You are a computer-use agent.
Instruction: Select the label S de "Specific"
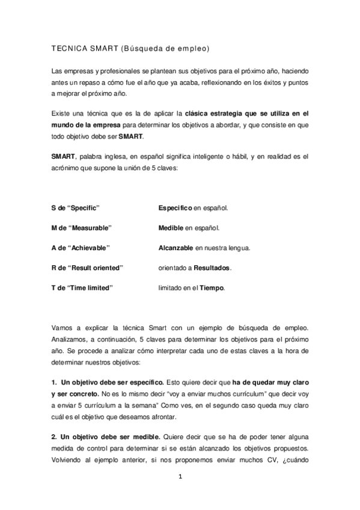(75, 207)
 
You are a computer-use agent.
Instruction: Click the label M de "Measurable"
(82, 228)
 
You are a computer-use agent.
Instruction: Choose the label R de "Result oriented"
(87, 268)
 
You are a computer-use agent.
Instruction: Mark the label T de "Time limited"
(82, 287)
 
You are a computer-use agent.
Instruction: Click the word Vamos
(63, 328)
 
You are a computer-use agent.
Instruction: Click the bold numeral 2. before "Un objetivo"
(55, 436)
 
